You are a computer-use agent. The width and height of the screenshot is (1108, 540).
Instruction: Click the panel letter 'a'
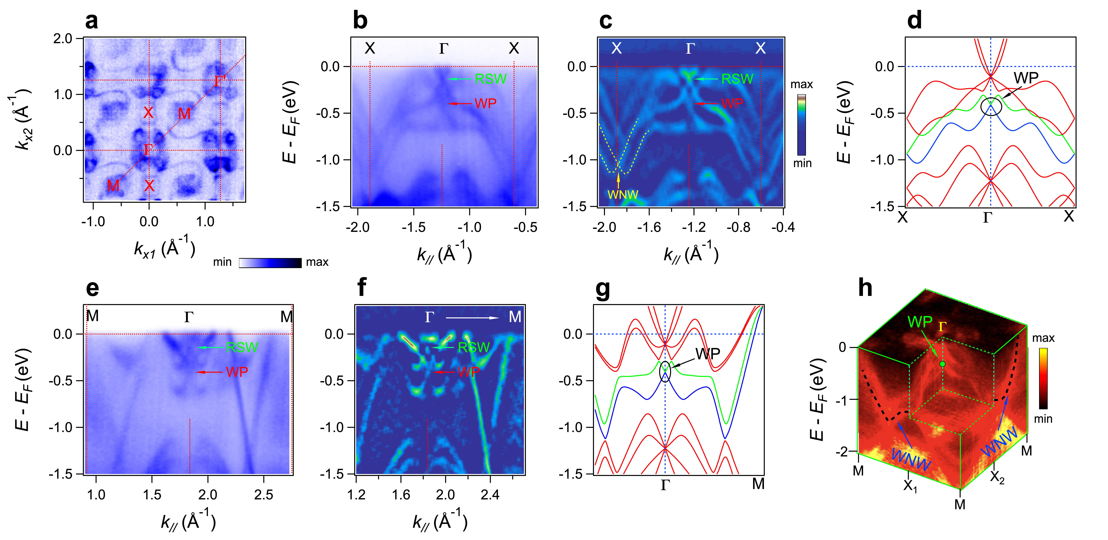pos(91,21)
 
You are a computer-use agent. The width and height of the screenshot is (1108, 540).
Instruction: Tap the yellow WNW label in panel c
pos(622,194)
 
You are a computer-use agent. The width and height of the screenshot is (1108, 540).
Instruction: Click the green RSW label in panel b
pos(490,79)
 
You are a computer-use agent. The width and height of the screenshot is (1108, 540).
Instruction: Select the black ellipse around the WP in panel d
pos(991,106)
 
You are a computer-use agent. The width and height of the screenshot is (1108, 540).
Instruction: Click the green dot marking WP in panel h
pos(942,364)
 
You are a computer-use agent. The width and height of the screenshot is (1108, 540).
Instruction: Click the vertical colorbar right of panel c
pos(801,125)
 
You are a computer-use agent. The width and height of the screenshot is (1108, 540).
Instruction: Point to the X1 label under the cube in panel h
pos(910,485)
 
